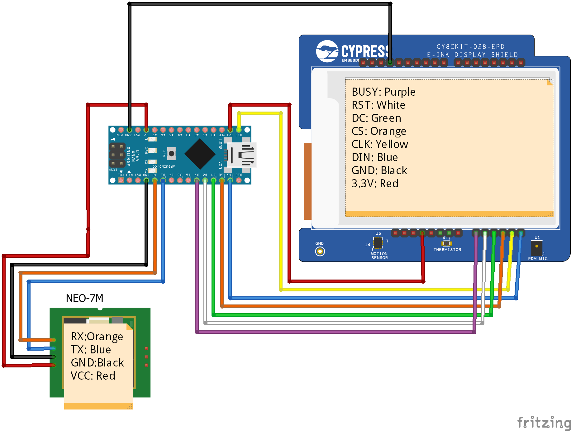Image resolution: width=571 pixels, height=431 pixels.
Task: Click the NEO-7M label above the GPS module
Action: tap(84, 298)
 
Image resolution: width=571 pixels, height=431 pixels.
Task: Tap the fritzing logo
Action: tap(544, 423)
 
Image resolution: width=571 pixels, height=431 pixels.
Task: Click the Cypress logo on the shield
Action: tap(354, 51)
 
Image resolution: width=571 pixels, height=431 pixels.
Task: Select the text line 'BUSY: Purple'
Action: tap(383, 92)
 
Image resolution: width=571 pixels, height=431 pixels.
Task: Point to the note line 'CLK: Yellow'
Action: tap(379, 144)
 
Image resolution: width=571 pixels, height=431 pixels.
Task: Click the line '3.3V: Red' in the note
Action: tap(375, 184)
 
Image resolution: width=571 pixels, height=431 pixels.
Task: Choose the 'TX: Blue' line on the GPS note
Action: tap(91, 350)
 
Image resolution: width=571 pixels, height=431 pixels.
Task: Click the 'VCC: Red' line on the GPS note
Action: tap(93, 376)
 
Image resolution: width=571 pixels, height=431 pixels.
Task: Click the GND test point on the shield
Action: tap(320, 251)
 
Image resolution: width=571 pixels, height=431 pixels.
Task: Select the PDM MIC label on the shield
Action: tap(537, 259)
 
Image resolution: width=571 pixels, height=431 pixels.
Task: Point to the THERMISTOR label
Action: tap(447, 250)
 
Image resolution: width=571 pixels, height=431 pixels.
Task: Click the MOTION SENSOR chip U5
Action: tap(378, 243)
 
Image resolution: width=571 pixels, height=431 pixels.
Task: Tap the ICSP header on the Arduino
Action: tap(117, 155)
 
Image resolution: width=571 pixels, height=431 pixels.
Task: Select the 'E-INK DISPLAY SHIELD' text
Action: tap(472, 55)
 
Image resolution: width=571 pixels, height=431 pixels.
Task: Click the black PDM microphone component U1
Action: tap(536, 248)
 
